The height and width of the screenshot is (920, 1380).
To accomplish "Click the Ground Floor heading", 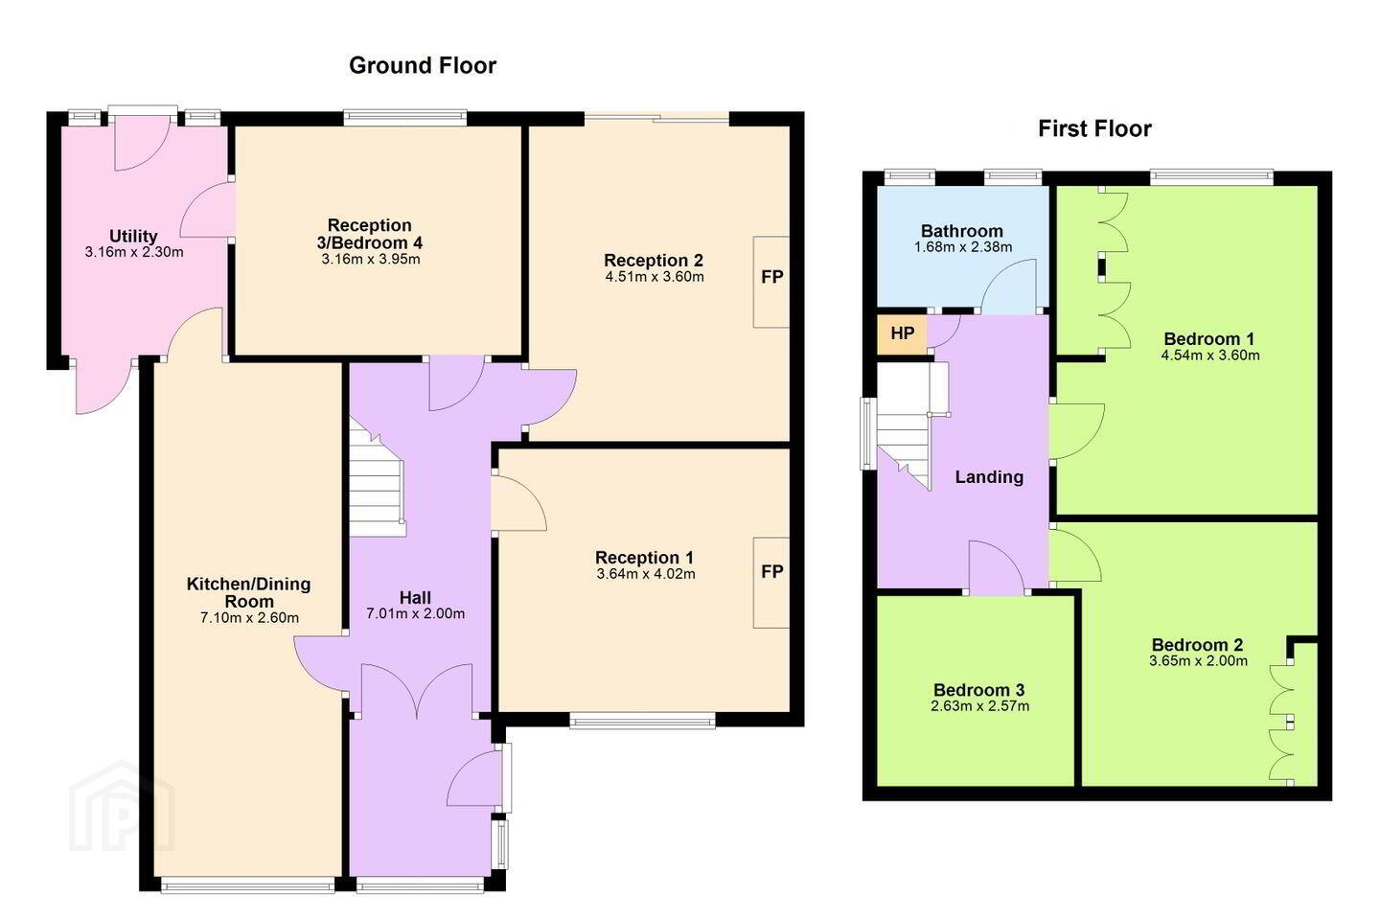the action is pyautogui.click(x=423, y=65).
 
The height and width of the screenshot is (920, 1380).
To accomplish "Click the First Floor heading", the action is pyautogui.click(x=1094, y=128).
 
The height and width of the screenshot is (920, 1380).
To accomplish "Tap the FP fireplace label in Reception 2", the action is pyautogui.click(x=772, y=277).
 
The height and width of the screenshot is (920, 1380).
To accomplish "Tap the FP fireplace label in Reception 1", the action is pyautogui.click(x=772, y=572).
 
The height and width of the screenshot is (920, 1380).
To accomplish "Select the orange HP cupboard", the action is pyautogui.click(x=902, y=334).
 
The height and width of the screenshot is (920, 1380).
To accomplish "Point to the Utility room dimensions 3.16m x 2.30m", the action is pyautogui.click(x=134, y=252).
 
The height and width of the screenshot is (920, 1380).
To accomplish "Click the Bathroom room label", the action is pyautogui.click(x=962, y=231).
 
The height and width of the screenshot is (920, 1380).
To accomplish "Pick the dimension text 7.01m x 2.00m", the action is pyautogui.click(x=416, y=613).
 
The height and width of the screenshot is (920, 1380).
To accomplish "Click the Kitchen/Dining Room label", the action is pyautogui.click(x=249, y=592).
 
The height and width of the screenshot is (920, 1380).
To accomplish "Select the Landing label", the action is pyautogui.click(x=989, y=477).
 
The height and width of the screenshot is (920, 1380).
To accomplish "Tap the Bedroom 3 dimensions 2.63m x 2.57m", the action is pyautogui.click(x=980, y=706).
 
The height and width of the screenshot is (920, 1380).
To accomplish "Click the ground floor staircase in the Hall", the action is pyautogui.click(x=378, y=477).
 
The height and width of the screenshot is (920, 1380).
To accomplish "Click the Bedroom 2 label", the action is pyautogui.click(x=1198, y=645).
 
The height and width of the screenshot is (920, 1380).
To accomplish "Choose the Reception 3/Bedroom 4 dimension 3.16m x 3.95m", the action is pyautogui.click(x=371, y=260).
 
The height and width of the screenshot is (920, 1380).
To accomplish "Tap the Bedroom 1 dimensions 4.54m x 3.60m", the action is pyautogui.click(x=1210, y=356).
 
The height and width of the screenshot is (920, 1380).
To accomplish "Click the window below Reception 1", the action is pyautogui.click(x=642, y=721).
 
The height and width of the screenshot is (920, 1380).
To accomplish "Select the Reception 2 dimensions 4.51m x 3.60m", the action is pyautogui.click(x=655, y=277).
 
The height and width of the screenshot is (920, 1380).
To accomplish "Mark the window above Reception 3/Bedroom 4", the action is pyautogui.click(x=405, y=117).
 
